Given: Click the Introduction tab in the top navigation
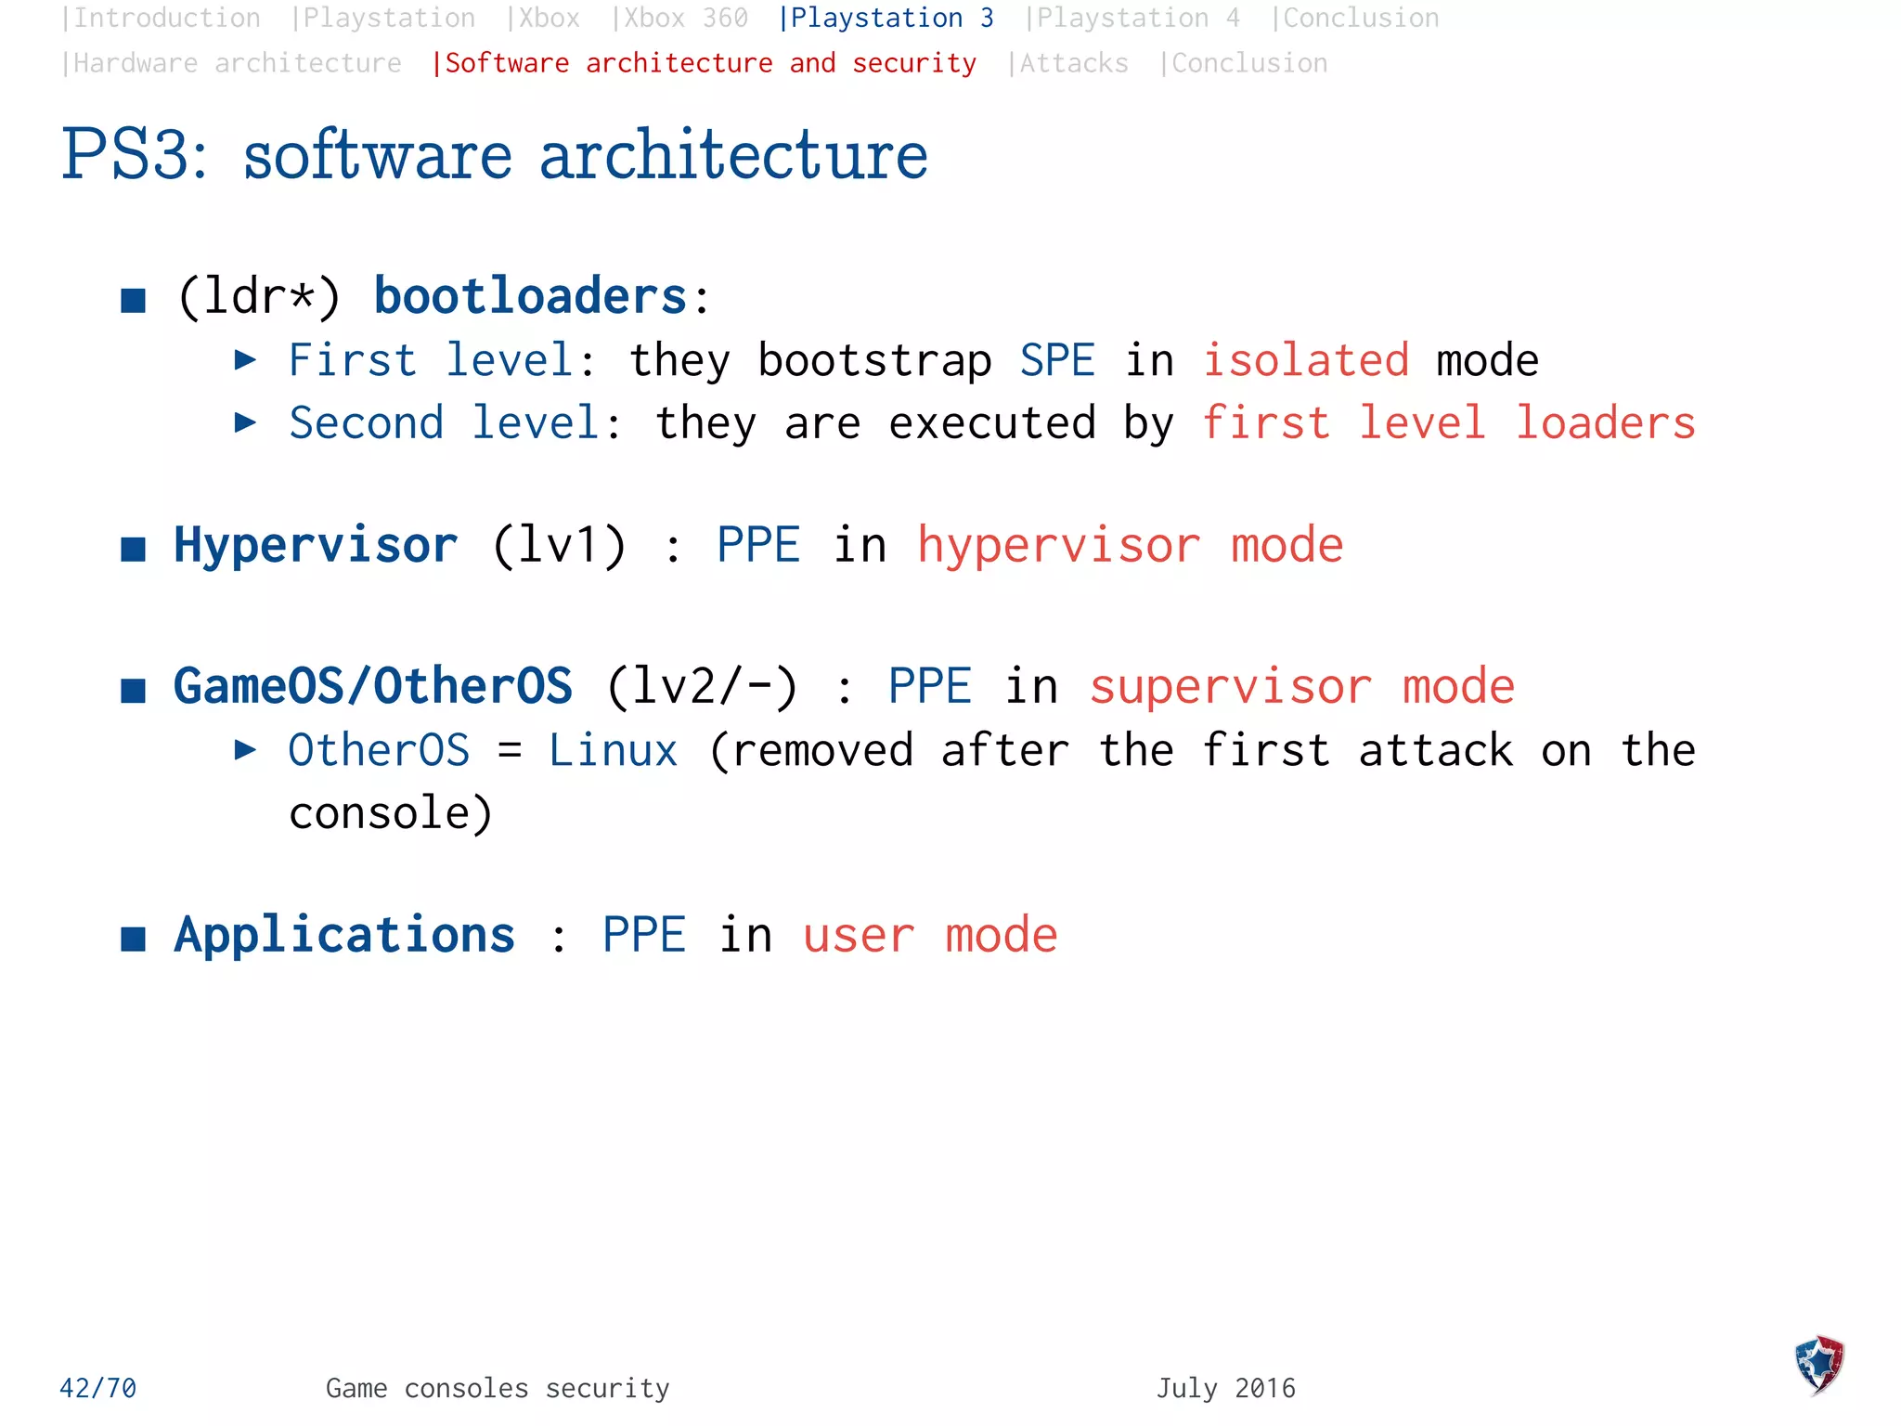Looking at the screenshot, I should [162, 19].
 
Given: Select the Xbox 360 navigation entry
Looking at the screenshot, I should [681, 19].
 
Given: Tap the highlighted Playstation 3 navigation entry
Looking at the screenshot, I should [886, 19].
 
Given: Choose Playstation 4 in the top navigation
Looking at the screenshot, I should [1133, 19].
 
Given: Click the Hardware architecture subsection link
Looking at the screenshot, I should [232, 63].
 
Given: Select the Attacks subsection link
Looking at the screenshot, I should [1069, 63].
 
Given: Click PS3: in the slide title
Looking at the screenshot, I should [135, 155].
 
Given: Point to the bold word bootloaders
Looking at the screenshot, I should [531, 296].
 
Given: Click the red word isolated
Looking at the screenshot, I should [1306, 360].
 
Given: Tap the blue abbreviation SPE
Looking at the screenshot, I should [1057, 360].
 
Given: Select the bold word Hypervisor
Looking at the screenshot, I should [316, 545].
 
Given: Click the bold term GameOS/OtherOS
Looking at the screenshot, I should [373, 686].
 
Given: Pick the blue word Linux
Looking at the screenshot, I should [614, 750].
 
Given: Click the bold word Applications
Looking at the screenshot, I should [344, 935].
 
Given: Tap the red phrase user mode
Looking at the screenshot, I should [930, 935].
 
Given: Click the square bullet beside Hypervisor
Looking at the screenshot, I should [134, 549].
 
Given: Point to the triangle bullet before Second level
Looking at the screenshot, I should [245, 423].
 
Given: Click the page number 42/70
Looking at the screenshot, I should [98, 1388].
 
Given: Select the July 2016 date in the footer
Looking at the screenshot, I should [1225, 1388].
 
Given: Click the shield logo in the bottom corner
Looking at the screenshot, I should [1819, 1365].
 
